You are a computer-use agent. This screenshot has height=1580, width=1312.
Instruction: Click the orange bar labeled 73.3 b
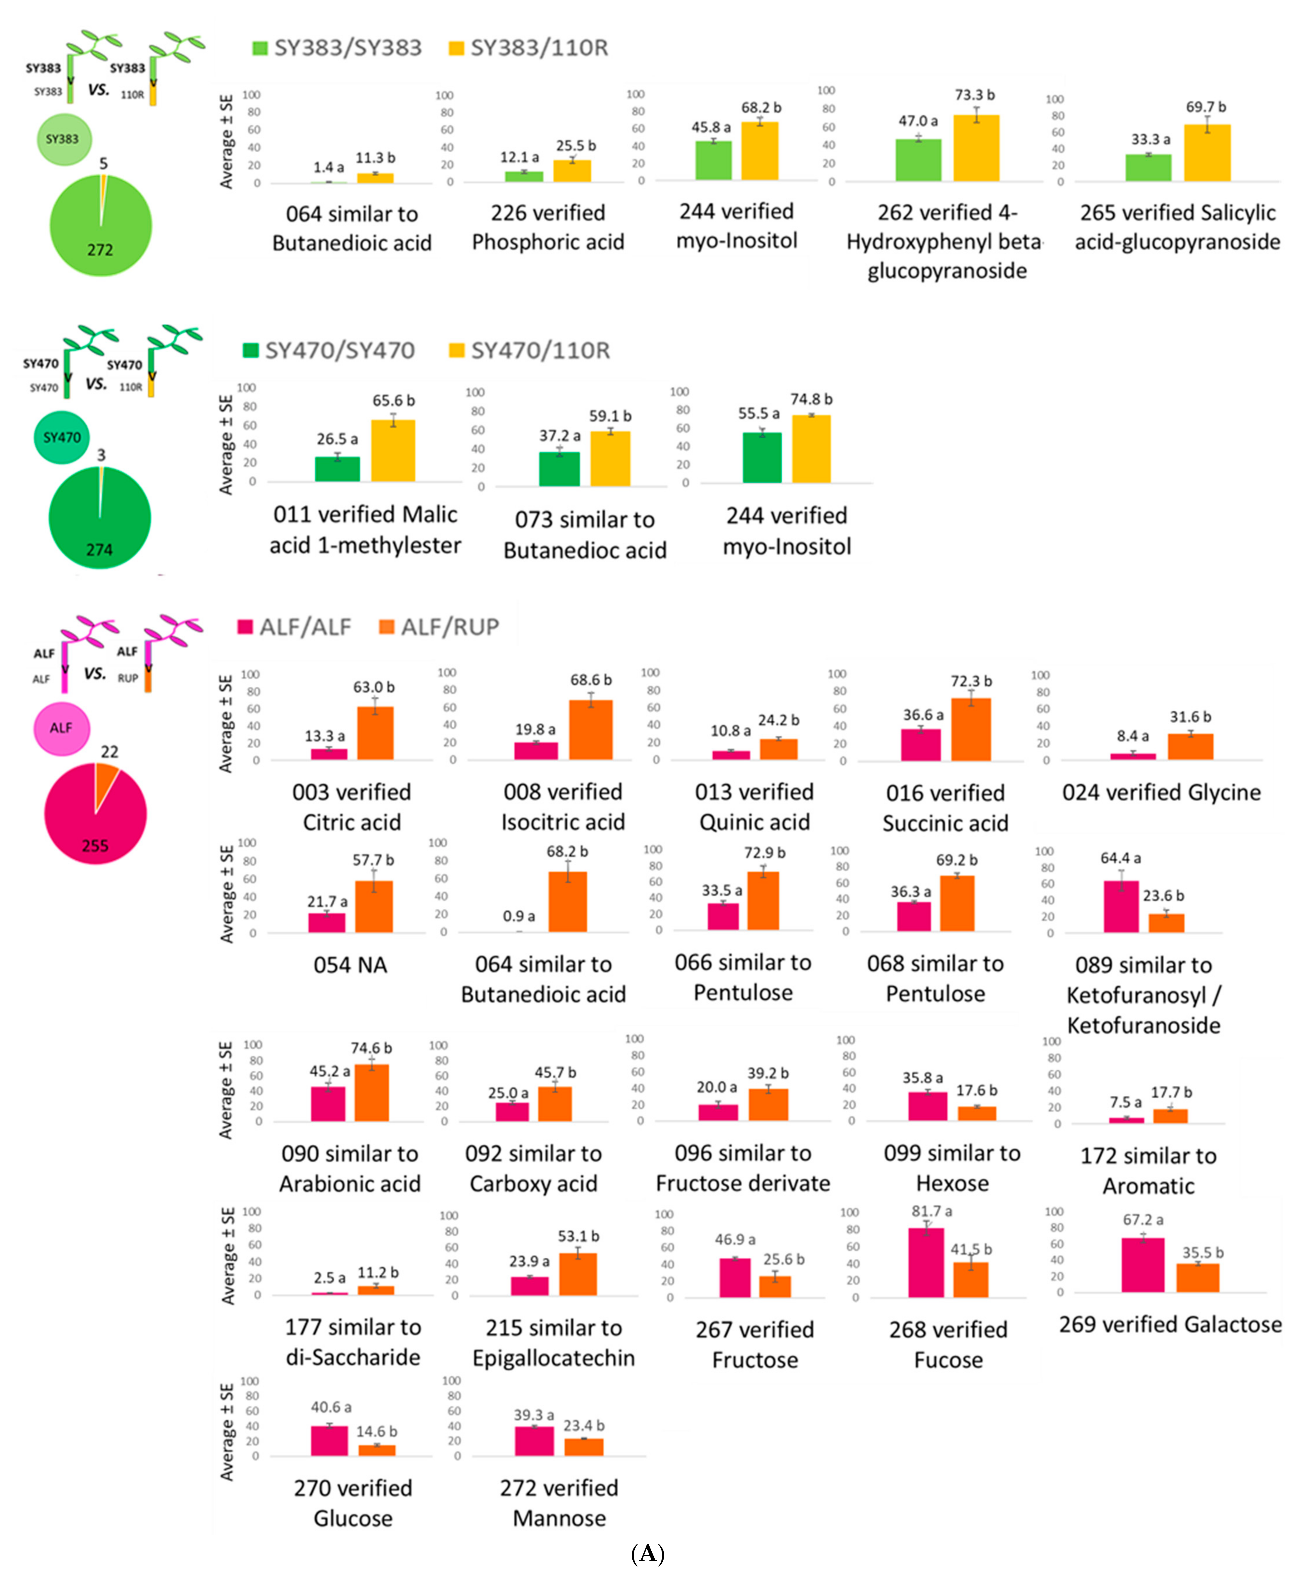[976, 148]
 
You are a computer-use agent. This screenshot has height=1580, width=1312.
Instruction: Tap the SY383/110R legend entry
[528, 48]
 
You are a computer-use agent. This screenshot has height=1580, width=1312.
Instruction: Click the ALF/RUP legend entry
[439, 627]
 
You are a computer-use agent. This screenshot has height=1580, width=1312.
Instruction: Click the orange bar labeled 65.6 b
[393, 451]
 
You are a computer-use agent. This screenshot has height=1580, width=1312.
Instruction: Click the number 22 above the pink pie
[110, 752]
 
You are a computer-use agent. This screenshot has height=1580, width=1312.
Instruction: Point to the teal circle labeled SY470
[62, 437]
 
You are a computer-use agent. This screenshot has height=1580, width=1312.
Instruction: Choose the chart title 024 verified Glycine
[1161, 792]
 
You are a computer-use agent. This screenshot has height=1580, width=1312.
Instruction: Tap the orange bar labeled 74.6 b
[372, 1092]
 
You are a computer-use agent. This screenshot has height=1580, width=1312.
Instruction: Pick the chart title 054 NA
[350, 964]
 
